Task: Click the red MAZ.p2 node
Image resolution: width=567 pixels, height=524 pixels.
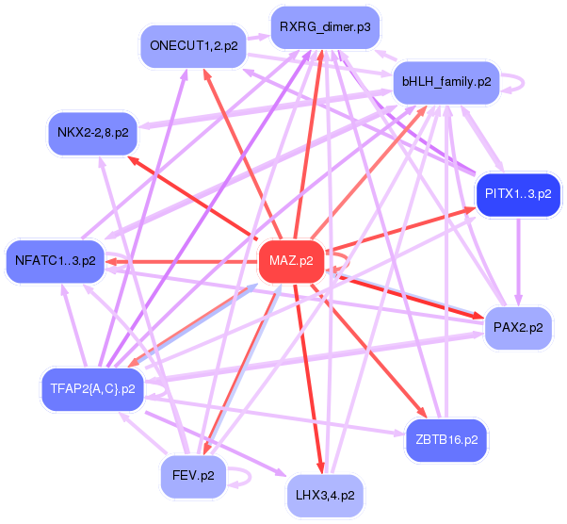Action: click(x=291, y=260)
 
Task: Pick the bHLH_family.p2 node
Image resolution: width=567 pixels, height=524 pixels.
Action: click(x=446, y=82)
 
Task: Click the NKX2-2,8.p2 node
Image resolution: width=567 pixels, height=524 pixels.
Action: click(x=93, y=132)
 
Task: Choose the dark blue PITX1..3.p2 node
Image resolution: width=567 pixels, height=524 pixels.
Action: click(x=517, y=195)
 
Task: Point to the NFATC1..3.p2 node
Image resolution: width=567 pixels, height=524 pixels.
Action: click(x=56, y=260)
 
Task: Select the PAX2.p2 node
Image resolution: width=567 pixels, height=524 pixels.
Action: click(x=517, y=329)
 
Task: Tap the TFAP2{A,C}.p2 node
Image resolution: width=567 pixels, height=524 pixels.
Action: click(x=90, y=387)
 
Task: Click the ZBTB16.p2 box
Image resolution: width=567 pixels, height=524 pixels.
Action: click(x=446, y=439)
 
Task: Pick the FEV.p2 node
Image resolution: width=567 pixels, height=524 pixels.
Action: click(x=192, y=475)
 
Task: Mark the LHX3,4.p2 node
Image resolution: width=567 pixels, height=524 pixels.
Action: click(x=324, y=494)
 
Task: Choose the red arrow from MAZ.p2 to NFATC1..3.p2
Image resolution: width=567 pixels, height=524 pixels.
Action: click(x=179, y=260)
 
